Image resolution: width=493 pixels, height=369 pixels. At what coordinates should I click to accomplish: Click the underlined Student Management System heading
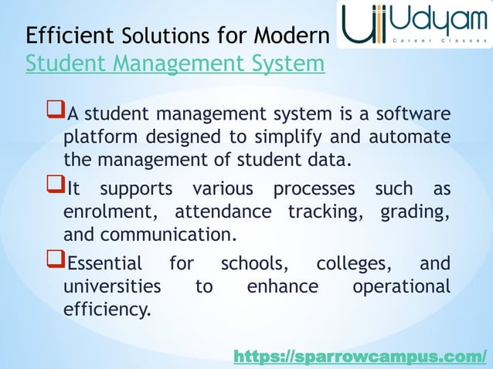[x=175, y=63]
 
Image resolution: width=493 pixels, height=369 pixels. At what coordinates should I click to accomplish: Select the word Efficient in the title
[x=68, y=36]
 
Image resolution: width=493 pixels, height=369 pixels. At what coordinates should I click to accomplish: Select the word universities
[x=112, y=286]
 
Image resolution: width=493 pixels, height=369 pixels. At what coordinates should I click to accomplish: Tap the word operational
[x=400, y=287]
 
